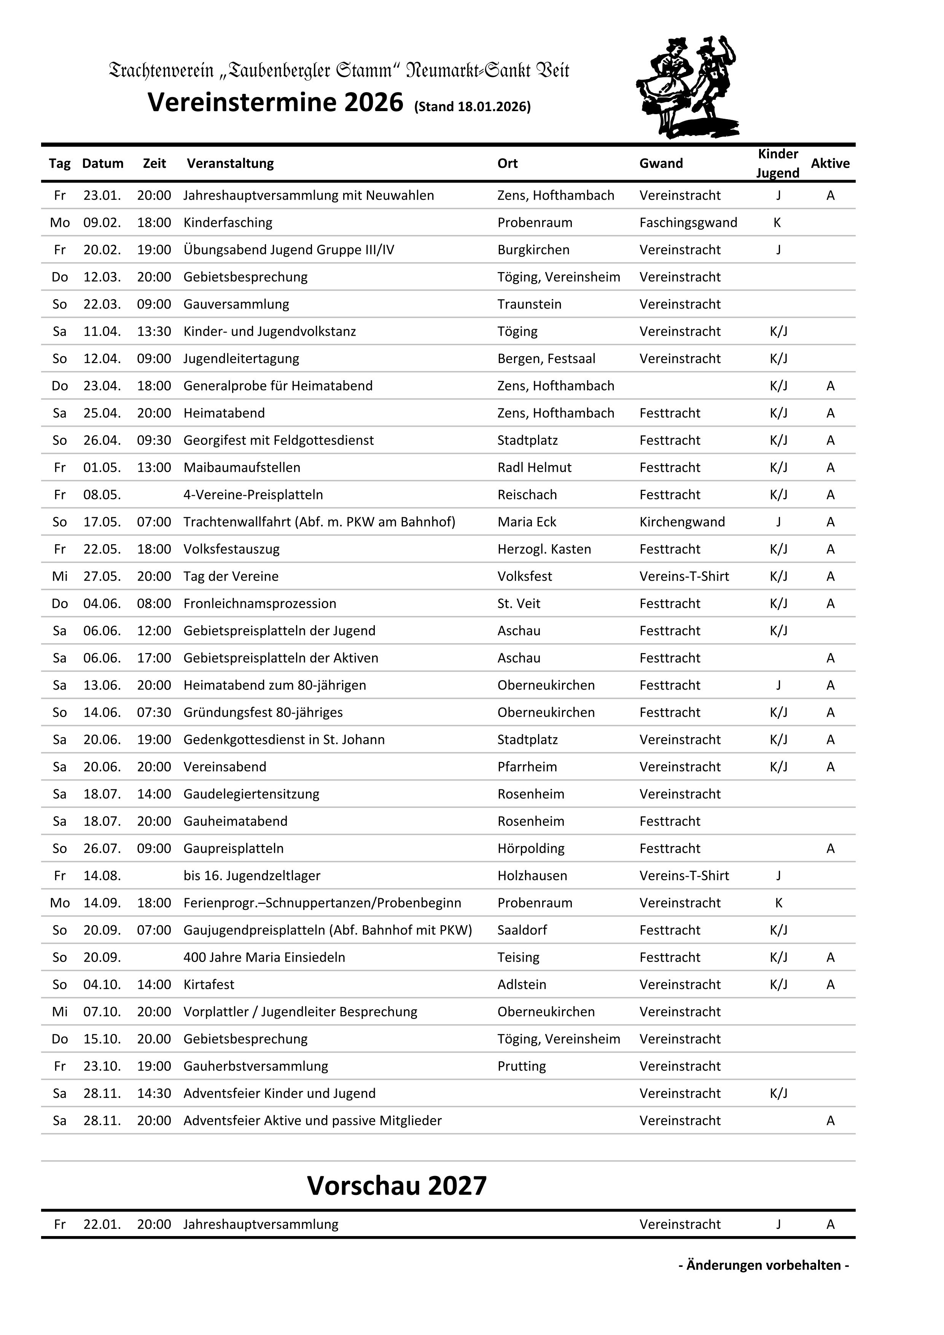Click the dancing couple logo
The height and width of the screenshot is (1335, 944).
[687, 87]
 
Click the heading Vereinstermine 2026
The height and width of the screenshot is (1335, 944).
[275, 103]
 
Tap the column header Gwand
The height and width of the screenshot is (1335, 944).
[661, 163]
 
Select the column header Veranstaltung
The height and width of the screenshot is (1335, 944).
[230, 163]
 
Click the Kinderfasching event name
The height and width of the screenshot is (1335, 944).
[228, 223]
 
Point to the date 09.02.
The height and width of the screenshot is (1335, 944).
[102, 223]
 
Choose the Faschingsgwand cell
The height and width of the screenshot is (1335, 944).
[688, 223]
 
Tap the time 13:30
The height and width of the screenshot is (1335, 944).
[154, 331]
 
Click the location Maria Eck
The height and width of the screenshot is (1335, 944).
[527, 522]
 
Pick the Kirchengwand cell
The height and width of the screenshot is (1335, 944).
[682, 522]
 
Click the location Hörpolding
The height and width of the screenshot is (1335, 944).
[531, 848]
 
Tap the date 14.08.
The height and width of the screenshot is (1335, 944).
[102, 876]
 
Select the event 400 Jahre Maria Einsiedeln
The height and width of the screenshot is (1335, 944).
[264, 957]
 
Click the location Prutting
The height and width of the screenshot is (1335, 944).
[521, 1066]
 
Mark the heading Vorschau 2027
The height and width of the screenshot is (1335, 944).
[396, 1185]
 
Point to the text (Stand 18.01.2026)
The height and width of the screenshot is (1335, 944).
[472, 107]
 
